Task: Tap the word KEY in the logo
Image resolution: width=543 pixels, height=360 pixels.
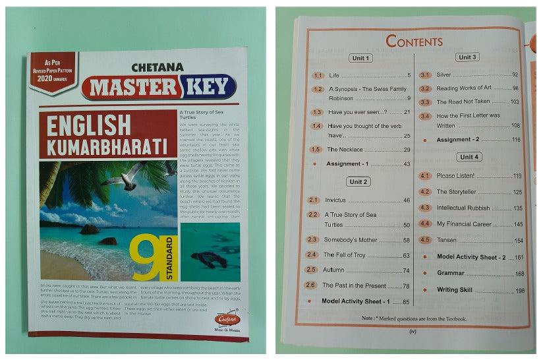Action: click(x=209, y=86)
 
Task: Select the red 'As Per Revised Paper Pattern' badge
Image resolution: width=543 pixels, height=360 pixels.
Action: click(x=52, y=71)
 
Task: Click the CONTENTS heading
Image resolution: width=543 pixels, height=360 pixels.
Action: click(x=414, y=42)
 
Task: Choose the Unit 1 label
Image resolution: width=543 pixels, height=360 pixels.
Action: click(x=360, y=58)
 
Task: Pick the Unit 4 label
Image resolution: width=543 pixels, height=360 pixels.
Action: click(x=470, y=157)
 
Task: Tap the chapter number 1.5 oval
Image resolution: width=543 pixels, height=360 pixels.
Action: click(x=318, y=150)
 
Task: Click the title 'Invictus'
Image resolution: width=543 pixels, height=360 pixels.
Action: click(x=337, y=200)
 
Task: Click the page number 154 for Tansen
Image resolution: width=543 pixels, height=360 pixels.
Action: click(x=519, y=241)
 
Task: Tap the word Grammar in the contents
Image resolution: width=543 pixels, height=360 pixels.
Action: click(x=451, y=273)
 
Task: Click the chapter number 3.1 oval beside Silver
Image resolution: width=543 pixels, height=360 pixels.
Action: click(x=425, y=75)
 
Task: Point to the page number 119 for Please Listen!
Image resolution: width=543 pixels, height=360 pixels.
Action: click(x=517, y=176)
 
